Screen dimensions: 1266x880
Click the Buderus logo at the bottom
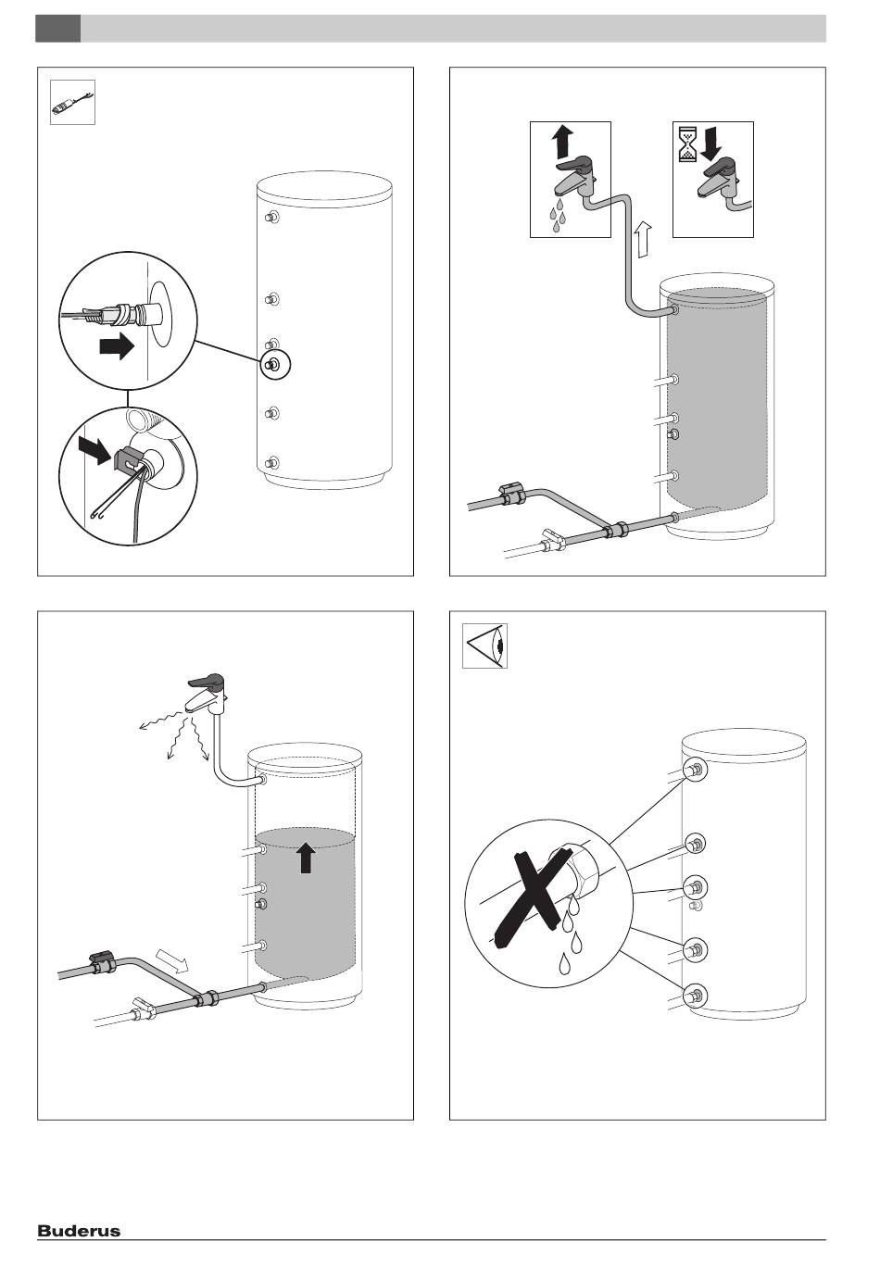point(79,1231)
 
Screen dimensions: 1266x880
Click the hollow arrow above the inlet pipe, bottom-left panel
point(172,961)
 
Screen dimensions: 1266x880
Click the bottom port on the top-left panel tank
point(271,461)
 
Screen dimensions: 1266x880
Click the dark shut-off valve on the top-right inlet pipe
point(512,495)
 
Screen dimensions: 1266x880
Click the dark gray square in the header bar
point(57,29)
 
